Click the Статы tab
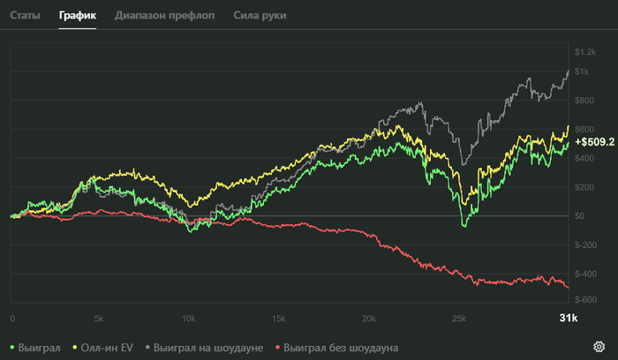pos(26,16)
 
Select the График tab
pos(78,16)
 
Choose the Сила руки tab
pos(260,16)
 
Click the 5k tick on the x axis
pos(99,318)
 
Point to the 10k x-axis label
pos(188,318)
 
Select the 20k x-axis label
pos(368,318)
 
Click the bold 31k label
pos(568,318)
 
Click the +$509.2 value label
pos(594,141)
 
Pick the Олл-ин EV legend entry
pos(109,348)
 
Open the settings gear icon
pos(599,346)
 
